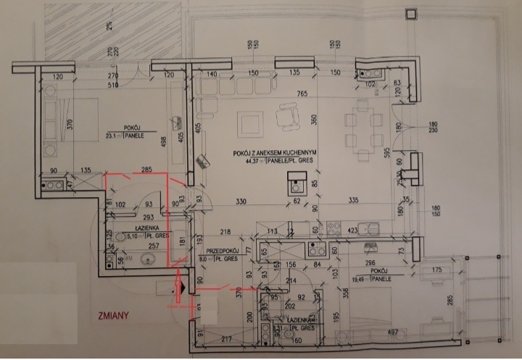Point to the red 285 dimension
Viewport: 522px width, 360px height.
click(x=146, y=170)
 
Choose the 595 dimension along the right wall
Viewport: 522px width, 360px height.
click(x=389, y=153)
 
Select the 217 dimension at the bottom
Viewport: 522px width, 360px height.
click(x=227, y=339)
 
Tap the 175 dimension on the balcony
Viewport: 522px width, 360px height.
click(x=437, y=270)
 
